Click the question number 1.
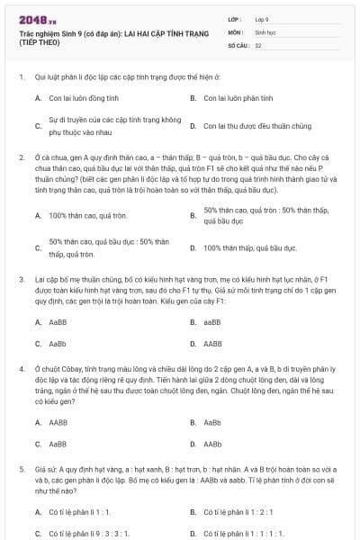tap(21, 76)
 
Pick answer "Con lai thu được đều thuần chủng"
tap(251, 127)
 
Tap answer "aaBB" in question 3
tap(211, 321)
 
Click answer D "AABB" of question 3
tap(212, 343)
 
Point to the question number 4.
tap(21, 369)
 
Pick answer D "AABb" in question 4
tap(212, 444)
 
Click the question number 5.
tap(21, 469)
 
